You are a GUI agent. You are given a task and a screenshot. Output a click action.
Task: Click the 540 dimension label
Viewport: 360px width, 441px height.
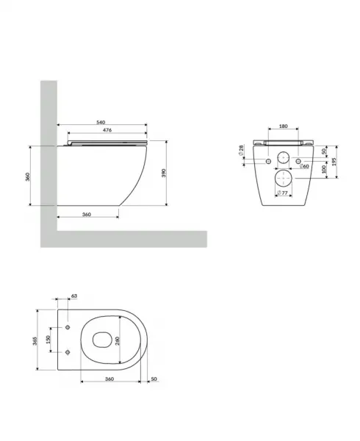pyautogui.click(x=101, y=122)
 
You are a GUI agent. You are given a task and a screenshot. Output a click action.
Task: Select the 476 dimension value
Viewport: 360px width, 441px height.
pyautogui.click(x=107, y=130)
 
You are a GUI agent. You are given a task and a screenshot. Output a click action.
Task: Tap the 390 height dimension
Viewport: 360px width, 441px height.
pyautogui.click(x=164, y=173)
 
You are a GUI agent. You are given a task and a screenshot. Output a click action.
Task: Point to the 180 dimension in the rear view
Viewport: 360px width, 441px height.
pyautogui.click(x=284, y=126)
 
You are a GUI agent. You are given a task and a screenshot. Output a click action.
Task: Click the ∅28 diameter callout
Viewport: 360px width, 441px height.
pyautogui.click(x=241, y=150)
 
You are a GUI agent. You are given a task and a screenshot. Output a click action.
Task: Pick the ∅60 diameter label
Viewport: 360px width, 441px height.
pyautogui.click(x=304, y=166)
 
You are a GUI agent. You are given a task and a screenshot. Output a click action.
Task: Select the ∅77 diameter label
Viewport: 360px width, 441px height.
pyautogui.click(x=282, y=193)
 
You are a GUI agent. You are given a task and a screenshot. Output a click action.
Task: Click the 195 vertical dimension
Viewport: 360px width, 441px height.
pyautogui.click(x=334, y=162)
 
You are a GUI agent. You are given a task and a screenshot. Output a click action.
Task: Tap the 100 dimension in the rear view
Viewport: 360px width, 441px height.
pyautogui.click(x=324, y=169)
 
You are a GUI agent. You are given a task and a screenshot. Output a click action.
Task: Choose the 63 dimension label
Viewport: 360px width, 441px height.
pyautogui.click(x=74, y=296)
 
